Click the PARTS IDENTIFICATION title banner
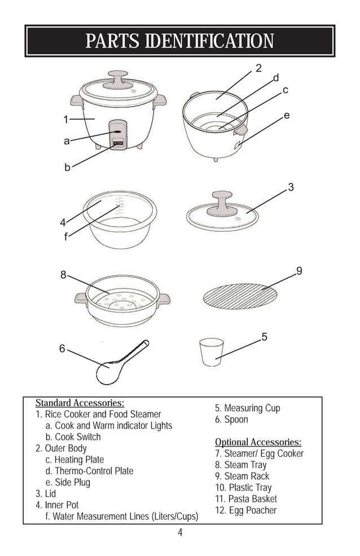point(179,41)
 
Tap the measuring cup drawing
point(212,352)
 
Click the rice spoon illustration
point(120,362)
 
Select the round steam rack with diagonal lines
point(240,295)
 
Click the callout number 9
point(299,271)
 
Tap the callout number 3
point(291,187)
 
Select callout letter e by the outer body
point(287,116)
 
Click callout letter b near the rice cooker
point(67,167)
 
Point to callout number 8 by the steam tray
point(64,275)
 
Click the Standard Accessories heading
point(80,403)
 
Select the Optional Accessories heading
point(258,442)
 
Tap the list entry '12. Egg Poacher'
point(245,510)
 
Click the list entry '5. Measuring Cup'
point(247,408)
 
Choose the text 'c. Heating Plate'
point(74,460)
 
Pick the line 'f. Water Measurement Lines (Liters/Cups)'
point(121,517)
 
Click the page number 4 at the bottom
point(180,533)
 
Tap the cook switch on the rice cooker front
point(118,144)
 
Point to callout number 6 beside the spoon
point(62,349)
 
